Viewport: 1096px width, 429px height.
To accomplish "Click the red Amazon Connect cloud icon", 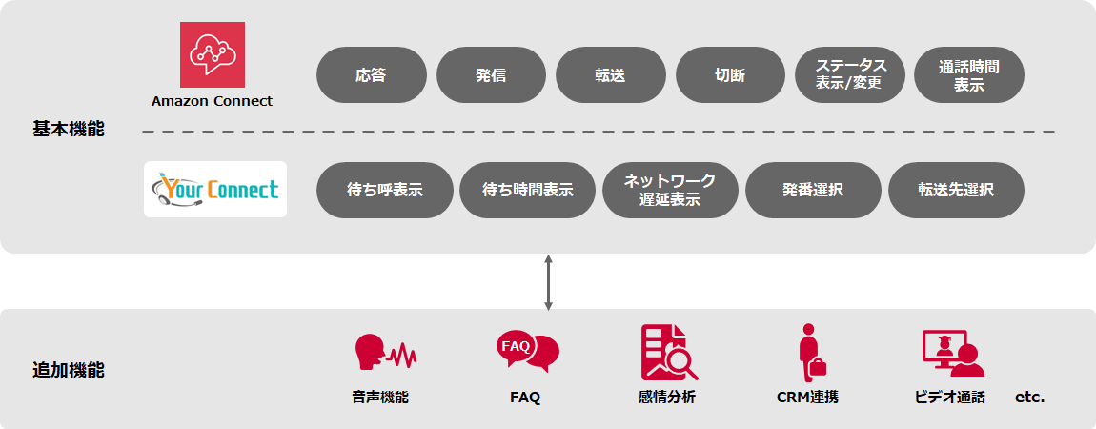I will [x=213, y=54].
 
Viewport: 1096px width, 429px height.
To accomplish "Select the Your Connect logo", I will [x=215, y=190].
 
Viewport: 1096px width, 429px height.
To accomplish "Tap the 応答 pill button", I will [x=371, y=75].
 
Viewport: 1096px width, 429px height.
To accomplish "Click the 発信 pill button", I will [x=491, y=75].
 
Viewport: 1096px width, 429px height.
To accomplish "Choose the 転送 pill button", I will [x=610, y=75].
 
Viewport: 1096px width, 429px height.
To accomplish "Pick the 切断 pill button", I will [x=730, y=75].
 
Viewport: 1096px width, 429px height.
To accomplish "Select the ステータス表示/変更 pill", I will [x=849, y=75].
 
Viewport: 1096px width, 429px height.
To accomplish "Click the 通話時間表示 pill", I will [x=968, y=75].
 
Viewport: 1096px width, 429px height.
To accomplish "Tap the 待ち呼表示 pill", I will [x=384, y=190].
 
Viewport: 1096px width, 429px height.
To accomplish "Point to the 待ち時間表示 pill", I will [x=527, y=190].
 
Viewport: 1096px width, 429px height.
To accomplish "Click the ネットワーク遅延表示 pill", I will [x=670, y=190].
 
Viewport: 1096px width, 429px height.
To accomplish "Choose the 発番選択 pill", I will [x=813, y=190].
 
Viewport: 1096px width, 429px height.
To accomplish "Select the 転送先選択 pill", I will [x=956, y=190].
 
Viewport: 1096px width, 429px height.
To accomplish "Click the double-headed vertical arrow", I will [x=548, y=282].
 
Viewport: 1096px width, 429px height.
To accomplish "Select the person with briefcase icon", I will [x=810, y=353].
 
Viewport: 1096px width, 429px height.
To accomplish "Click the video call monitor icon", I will [x=952, y=353].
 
